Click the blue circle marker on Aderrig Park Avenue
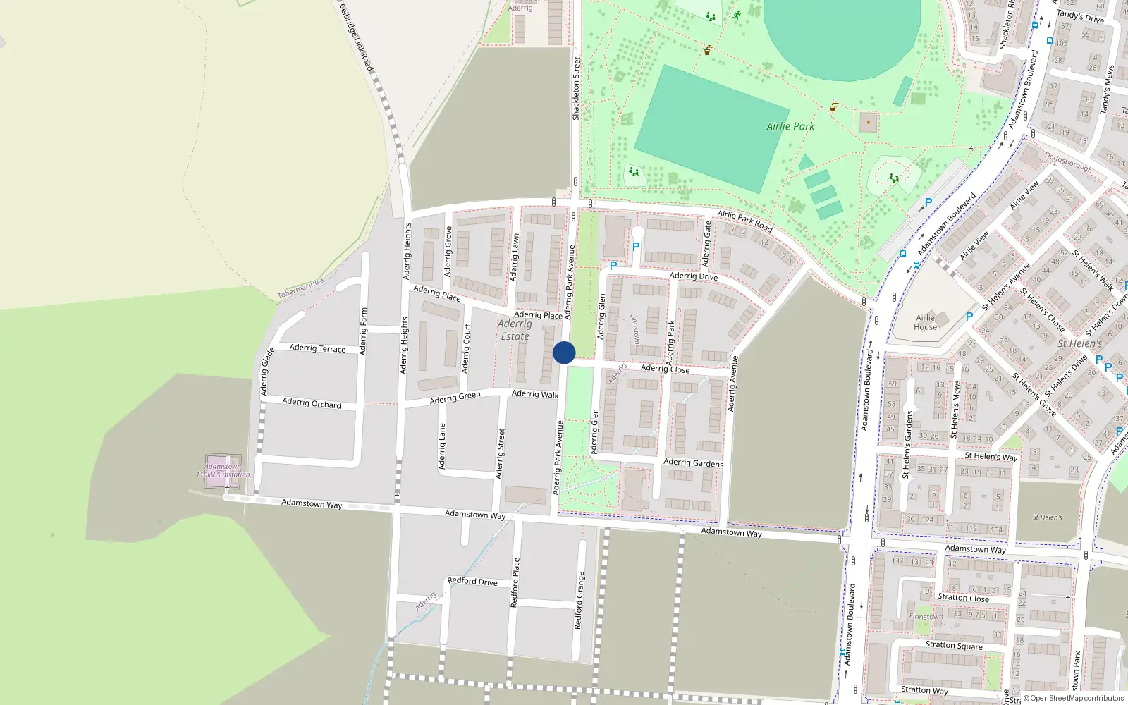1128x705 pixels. tap(564, 352)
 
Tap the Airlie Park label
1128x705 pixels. tap(790, 126)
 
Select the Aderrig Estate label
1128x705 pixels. tap(514, 330)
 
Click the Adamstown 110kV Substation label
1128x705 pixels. tap(223, 470)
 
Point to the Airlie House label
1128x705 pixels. tap(925, 322)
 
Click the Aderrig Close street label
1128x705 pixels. tap(665, 369)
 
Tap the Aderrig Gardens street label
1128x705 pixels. tap(693, 463)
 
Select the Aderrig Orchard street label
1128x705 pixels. tap(311, 403)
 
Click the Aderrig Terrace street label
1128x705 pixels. tap(317, 348)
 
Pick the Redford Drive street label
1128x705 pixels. tap(472, 582)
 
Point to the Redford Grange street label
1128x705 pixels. tap(579, 601)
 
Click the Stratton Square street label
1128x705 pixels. tap(954, 645)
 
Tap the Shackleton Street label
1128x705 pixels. tap(576, 88)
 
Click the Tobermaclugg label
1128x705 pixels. tap(300, 288)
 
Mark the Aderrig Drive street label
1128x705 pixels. tap(694, 276)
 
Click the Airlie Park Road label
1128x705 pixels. tap(745, 221)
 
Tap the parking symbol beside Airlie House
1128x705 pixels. tap(969, 317)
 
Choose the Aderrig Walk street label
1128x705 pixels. tap(535, 394)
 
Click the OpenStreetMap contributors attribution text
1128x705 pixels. tap(1077, 699)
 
